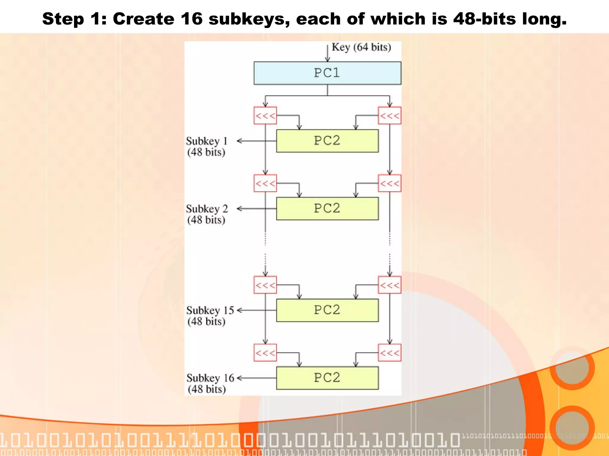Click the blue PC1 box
coord(327,73)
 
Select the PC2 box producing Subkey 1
coord(327,141)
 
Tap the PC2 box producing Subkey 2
coord(327,208)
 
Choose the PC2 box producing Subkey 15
coord(327,310)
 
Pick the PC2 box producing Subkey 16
coord(327,378)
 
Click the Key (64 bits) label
coord(361,47)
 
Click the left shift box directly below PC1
coord(265,115)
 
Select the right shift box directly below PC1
coord(390,115)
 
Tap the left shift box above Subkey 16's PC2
coord(265,353)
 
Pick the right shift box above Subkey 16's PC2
coord(390,353)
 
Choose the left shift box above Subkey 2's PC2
coord(265,183)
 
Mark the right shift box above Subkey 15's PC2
coord(390,285)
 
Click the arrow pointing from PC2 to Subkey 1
coord(256,141)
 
